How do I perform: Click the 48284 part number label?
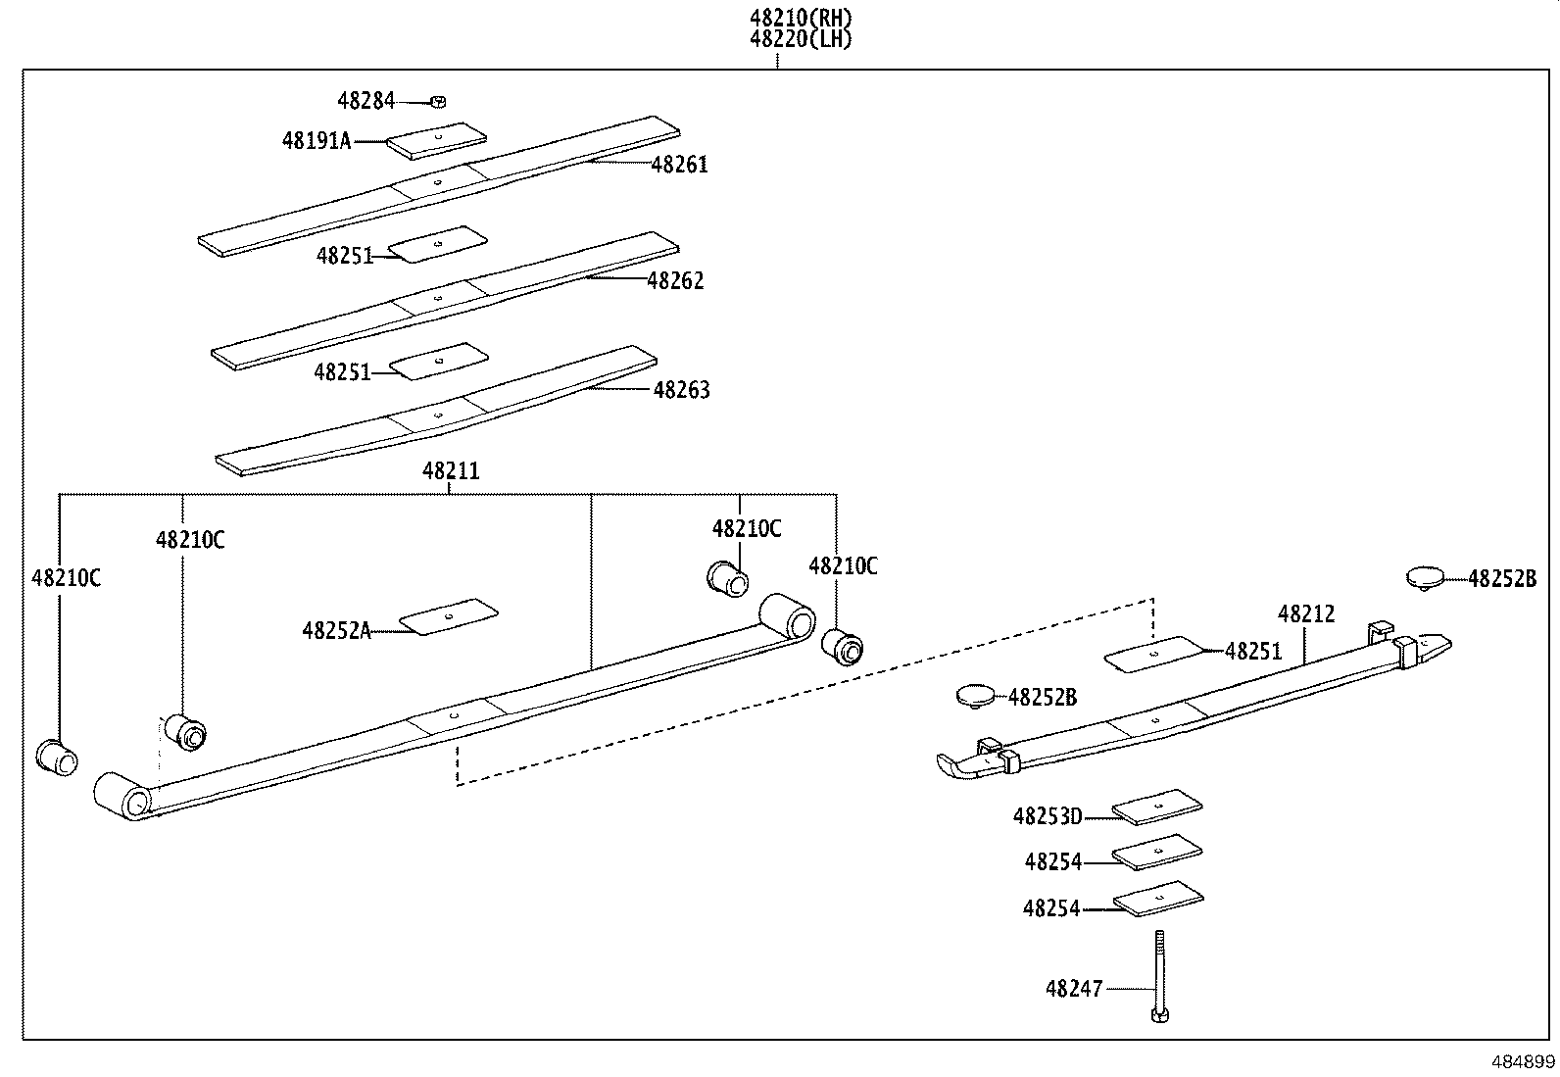(366, 100)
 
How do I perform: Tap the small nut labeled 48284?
(439, 100)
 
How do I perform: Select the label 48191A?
(316, 141)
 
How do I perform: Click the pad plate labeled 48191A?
(436, 140)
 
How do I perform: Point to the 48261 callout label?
(679, 165)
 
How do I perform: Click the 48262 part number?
(675, 281)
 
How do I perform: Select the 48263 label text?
(681, 390)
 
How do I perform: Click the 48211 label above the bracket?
(451, 471)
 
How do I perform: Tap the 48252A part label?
(336, 631)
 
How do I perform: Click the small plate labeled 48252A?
(449, 616)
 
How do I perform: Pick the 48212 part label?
(1306, 614)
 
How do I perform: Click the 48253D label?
(1047, 815)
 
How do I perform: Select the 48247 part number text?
(1074, 989)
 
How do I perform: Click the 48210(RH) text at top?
(801, 18)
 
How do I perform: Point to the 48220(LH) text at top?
(801, 39)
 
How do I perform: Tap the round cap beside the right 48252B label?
(1427, 576)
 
